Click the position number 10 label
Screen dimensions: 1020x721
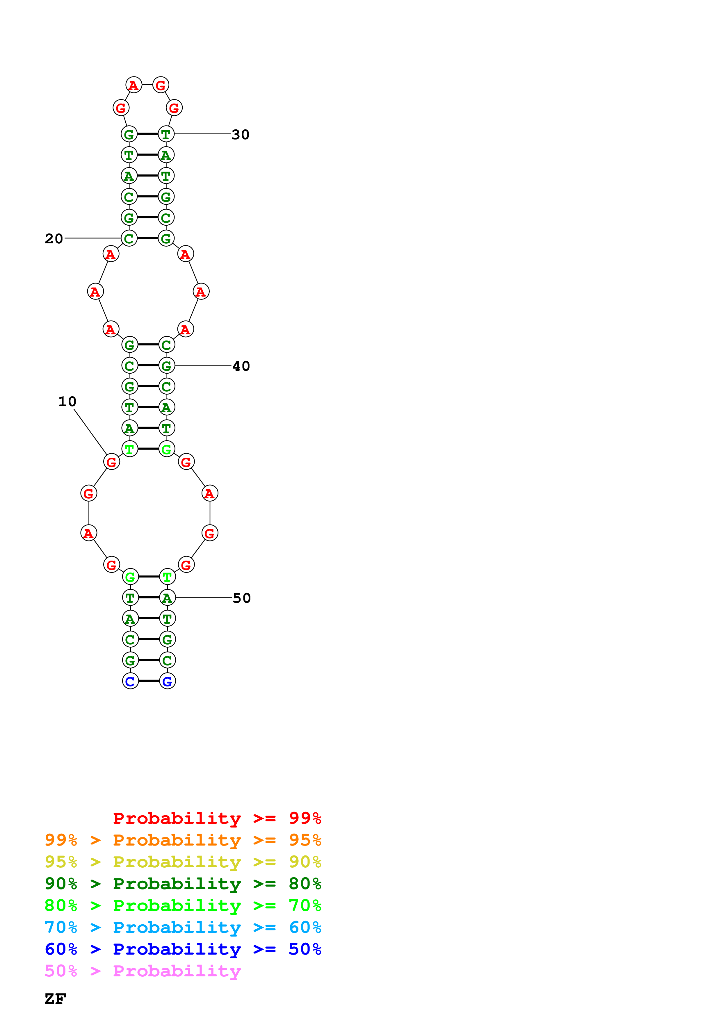click(x=67, y=401)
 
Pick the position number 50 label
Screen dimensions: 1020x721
click(x=242, y=598)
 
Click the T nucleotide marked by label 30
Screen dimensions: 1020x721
click(x=166, y=134)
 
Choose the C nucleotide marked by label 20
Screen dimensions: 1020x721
click(x=129, y=238)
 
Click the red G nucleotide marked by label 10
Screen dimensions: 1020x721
click(x=111, y=462)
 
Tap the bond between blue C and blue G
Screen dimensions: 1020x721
click(x=149, y=681)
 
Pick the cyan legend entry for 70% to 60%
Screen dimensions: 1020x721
click(x=183, y=927)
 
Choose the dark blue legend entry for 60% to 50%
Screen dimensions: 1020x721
click(x=183, y=949)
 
